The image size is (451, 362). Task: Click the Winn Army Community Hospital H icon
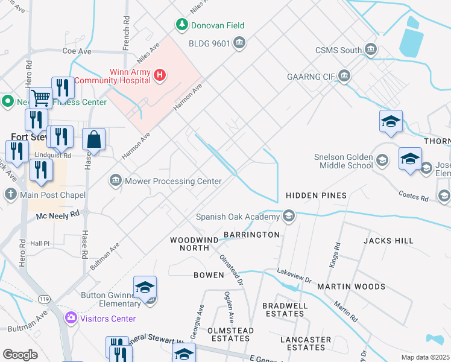[x=160, y=75]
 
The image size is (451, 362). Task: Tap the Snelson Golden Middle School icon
[x=382, y=160]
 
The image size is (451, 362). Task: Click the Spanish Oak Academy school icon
[x=289, y=216]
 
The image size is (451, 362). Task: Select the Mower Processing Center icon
[x=115, y=180]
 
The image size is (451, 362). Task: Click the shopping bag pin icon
[x=95, y=139]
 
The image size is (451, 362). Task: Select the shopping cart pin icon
[x=40, y=97]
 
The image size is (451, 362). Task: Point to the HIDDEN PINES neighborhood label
[x=316, y=195]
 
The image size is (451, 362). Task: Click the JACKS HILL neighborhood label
[x=388, y=241]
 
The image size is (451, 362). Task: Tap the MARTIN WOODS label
[x=351, y=287]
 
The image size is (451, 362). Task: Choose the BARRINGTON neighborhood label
[x=251, y=234]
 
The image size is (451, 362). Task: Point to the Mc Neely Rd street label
[x=58, y=214]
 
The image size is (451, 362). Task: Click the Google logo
[x=20, y=355]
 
